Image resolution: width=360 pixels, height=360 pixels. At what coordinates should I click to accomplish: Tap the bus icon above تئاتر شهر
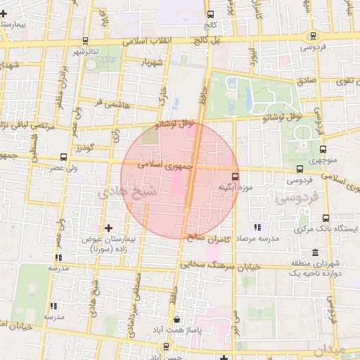tap(85, 41)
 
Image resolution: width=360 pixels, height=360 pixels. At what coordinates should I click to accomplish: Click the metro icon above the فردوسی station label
tap(312, 37)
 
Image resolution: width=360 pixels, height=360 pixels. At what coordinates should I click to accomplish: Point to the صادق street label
tap(307, 81)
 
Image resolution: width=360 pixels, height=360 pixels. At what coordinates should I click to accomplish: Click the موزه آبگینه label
tap(235, 188)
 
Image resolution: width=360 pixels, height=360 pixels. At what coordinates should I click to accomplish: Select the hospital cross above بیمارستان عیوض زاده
tap(108, 228)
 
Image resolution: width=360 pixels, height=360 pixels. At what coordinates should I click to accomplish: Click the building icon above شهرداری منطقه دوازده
tap(314, 253)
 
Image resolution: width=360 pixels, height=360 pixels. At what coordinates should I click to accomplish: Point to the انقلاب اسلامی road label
tap(148, 41)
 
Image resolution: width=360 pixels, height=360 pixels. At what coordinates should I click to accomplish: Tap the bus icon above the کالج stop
tap(210, 14)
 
